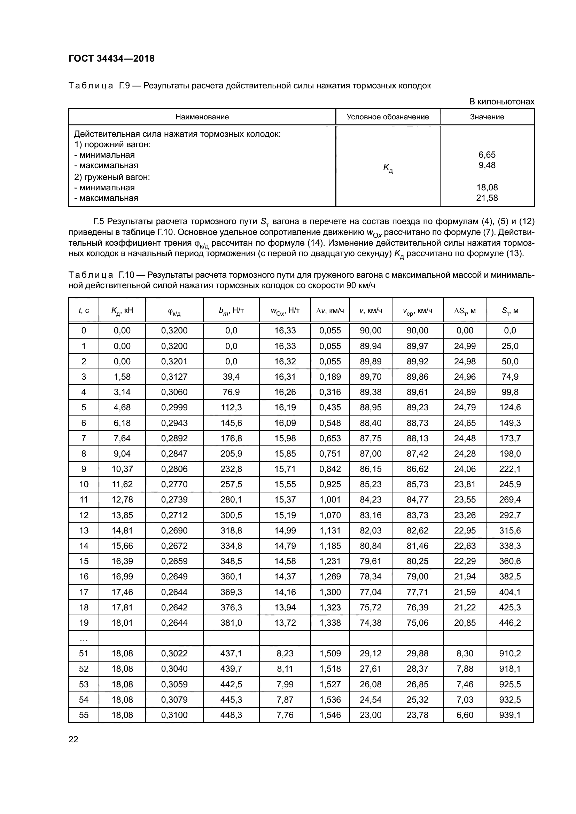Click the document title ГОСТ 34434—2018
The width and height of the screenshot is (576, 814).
point(111,58)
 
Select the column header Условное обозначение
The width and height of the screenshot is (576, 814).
point(388,117)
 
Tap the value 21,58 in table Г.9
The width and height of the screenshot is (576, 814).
point(487,198)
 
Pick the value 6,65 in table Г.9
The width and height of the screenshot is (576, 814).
point(487,155)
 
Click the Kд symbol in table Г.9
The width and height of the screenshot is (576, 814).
point(388,168)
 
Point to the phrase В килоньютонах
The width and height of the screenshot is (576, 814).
point(501,102)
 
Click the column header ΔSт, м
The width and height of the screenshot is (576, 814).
point(465,311)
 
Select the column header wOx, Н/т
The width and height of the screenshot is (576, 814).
point(285,311)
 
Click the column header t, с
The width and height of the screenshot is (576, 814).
point(84,311)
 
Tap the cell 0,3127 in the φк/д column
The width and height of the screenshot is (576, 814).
point(174,377)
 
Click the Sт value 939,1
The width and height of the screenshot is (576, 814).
point(510,715)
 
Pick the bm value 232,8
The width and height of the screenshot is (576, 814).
point(231,469)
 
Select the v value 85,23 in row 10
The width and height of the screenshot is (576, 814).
point(370,484)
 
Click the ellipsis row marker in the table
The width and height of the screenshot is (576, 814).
point(84,639)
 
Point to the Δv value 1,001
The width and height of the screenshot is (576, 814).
point(330,499)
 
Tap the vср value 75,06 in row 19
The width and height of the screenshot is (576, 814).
point(417,623)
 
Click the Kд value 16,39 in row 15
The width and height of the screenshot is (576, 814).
point(122,561)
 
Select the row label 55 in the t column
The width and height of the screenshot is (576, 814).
point(84,715)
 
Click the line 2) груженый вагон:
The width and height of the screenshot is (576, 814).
point(112,177)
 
